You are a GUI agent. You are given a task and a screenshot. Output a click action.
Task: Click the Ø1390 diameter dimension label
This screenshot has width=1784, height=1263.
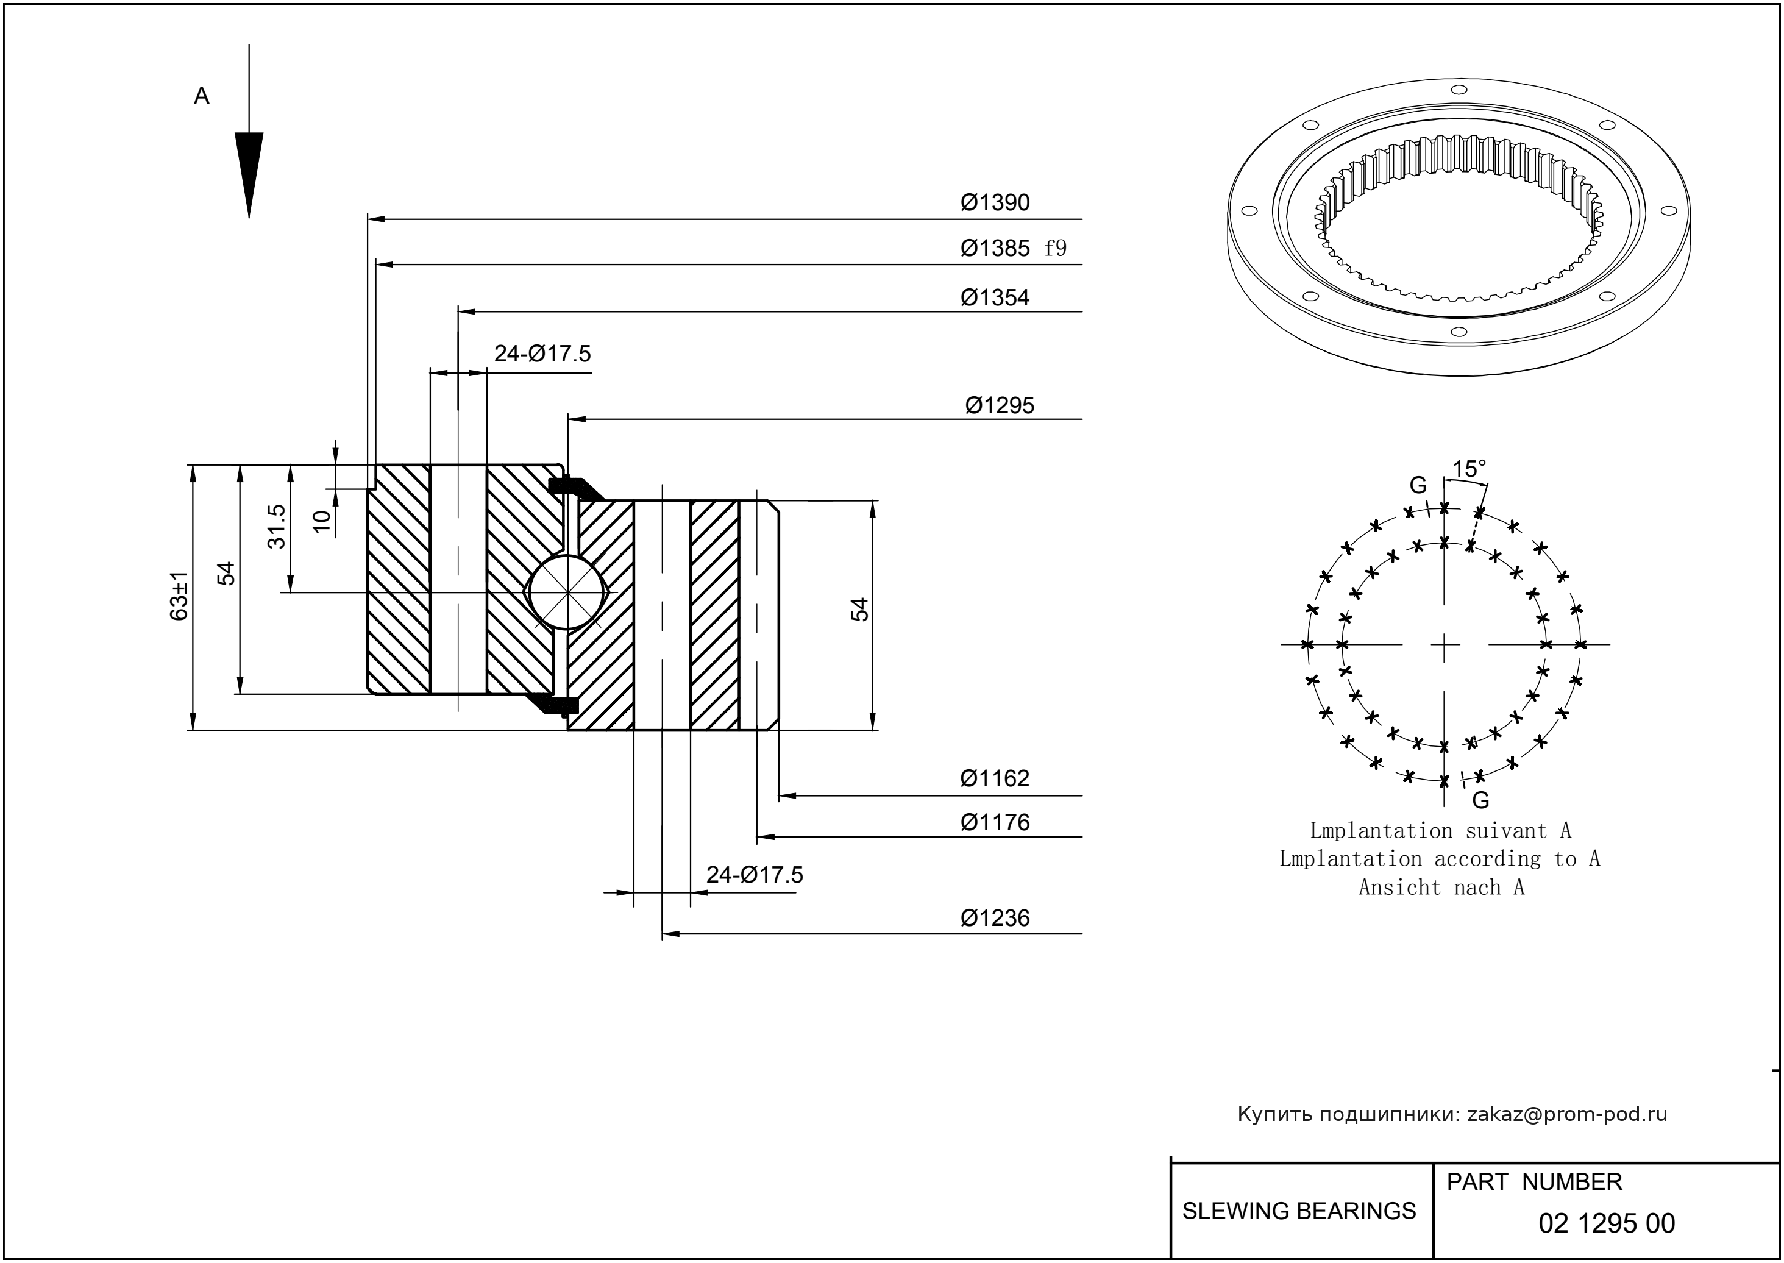(995, 203)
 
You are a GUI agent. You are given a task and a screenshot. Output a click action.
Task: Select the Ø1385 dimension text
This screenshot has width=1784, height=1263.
(995, 249)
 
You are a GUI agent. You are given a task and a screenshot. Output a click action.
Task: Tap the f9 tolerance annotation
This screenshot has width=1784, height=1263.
(1055, 249)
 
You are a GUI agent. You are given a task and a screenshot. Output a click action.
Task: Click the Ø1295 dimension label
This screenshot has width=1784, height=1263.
(1000, 406)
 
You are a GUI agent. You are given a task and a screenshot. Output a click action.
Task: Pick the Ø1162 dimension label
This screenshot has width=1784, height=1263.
(995, 778)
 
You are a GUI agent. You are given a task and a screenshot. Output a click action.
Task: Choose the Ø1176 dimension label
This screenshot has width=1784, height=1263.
(995, 823)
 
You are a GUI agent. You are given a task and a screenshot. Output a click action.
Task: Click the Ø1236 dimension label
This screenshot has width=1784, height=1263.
(995, 919)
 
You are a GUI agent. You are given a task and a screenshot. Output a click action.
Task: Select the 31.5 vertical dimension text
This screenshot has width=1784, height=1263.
(277, 527)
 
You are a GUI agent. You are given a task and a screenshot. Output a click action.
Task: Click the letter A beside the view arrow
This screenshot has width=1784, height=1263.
(201, 96)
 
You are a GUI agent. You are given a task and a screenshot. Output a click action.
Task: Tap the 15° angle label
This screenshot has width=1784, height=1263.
(1469, 469)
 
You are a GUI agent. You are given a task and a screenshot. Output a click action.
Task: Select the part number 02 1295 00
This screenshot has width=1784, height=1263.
(1607, 1223)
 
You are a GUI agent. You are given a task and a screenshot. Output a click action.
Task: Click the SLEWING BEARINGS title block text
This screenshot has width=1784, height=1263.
(1299, 1211)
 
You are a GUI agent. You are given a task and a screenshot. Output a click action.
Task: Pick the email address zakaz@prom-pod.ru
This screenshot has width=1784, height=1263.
(1567, 1114)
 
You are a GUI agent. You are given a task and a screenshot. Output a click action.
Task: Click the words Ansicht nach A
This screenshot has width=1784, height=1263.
(1441, 888)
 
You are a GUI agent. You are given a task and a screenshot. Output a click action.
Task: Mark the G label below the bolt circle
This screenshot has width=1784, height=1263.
(1480, 800)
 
